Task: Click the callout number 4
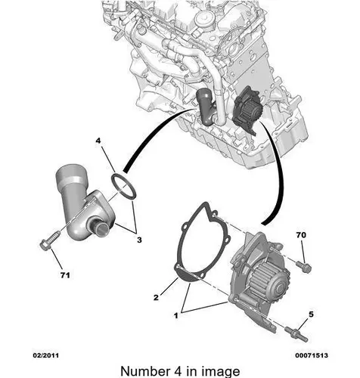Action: click(98, 141)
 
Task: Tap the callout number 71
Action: click(65, 275)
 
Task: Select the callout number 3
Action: click(139, 240)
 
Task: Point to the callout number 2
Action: click(156, 297)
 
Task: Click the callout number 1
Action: click(176, 315)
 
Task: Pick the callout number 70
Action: click(301, 235)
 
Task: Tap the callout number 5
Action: click(311, 314)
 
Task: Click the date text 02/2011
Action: click(46, 355)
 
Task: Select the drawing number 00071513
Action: click(312, 355)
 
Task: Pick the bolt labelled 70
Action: click(304, 267)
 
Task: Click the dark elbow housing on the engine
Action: click(206, 107)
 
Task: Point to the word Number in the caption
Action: click(144, 371)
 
